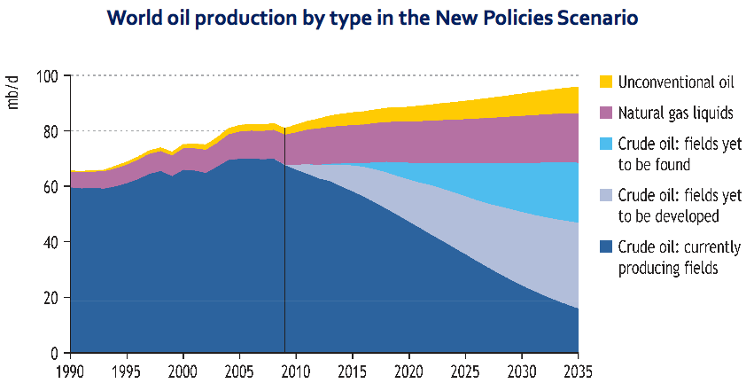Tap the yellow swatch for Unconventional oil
[x=606, y=82]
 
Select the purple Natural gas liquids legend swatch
[x=606, y=113]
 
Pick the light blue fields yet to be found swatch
[x=606, y=143]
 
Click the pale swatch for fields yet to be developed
[x=606, y=194]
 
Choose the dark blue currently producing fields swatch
[x=606, y=246]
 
